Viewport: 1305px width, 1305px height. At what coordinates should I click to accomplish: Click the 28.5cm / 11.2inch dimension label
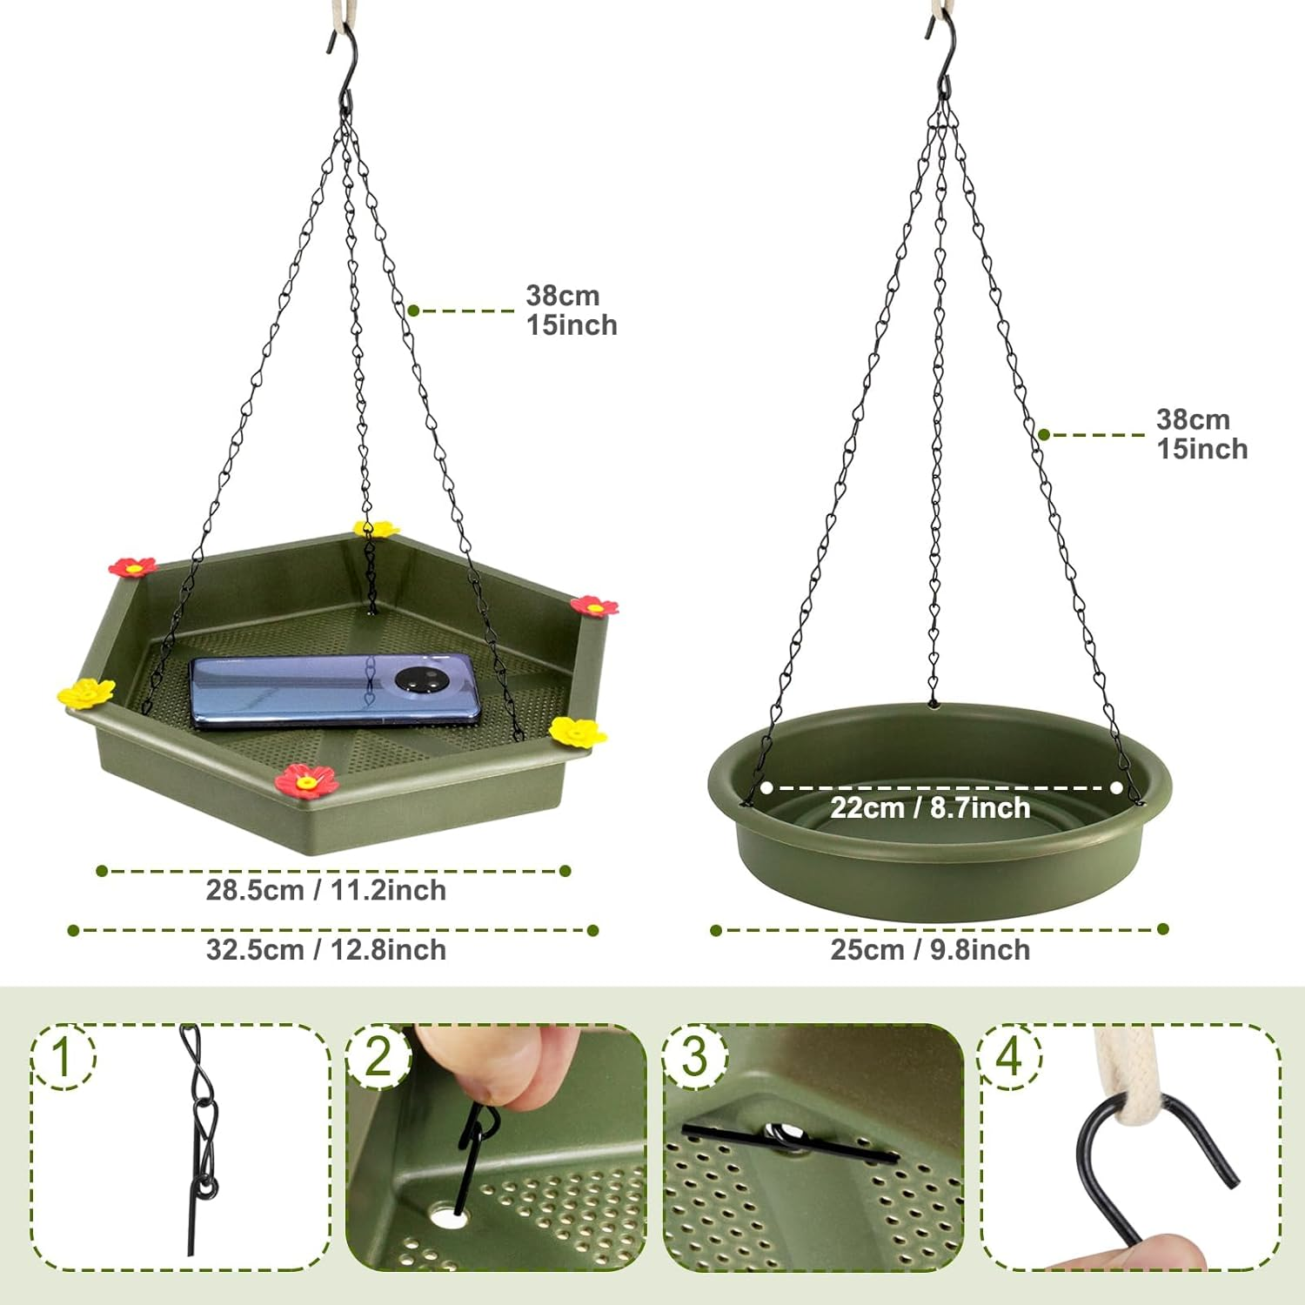(x=326, y=891)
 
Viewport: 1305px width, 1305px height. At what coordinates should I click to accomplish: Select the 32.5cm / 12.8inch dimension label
(x=326, y=950)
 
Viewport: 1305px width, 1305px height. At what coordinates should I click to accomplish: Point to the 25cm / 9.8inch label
(x=930, y=950)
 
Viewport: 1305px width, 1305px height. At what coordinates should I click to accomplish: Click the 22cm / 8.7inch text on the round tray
(x=930, y=808)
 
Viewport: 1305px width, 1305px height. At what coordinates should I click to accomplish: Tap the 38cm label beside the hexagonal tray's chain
(x=563, y=296)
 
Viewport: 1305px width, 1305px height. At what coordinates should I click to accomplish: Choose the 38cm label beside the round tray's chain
(x=1193, y=420)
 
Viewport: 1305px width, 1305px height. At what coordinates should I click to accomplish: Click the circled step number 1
(x=63, y=1056)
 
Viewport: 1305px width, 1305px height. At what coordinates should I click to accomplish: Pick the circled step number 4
(x=1009, y=1056)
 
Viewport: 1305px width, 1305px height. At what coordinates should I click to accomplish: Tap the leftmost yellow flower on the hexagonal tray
(x=86, y=693)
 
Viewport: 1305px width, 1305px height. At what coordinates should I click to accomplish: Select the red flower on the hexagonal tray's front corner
(x=307, y=780)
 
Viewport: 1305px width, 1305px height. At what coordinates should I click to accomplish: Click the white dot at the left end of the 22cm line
(x=766, y=788)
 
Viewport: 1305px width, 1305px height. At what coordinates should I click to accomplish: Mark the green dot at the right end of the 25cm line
(x=1163, y=929)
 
